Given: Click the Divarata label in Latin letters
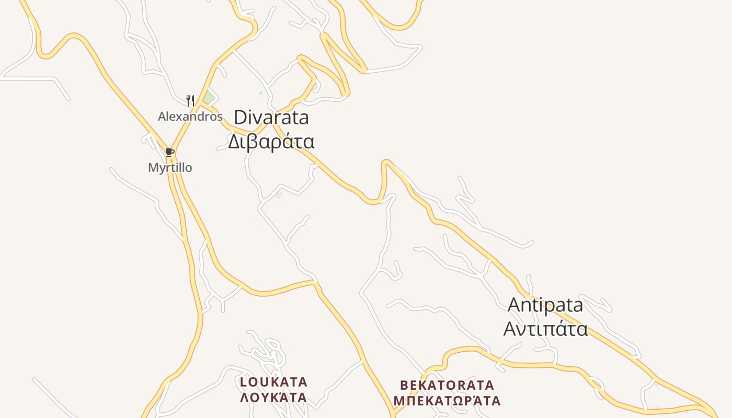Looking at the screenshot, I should coord(271,118).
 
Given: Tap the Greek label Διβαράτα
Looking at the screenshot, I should coord(271,142).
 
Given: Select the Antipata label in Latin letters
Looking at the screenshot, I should coord(545,305).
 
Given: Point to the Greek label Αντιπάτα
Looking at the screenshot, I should coord(545,329).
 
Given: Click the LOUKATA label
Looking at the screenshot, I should coord(273,382).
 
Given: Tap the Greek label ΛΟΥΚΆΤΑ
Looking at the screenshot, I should coord(273,398).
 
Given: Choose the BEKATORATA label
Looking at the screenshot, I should coord(447,386).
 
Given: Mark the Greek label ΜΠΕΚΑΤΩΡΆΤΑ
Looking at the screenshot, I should coord(447,401).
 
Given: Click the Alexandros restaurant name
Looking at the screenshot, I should coord(190,117).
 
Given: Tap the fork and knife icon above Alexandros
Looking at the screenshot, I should coord(190,100).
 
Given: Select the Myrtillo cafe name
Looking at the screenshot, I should coord(170,168).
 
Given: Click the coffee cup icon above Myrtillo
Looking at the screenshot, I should coord(169,152).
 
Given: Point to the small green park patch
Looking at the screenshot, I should coord(209,97).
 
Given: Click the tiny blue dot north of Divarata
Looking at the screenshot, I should coord(261,93).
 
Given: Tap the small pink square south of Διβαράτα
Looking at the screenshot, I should coord(279,195).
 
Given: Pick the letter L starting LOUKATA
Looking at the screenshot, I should coord(243,382).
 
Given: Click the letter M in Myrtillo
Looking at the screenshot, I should coord(153,168).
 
